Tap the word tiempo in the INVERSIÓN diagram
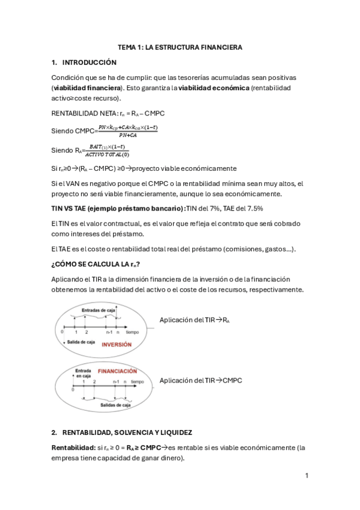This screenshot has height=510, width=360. click(132, 331)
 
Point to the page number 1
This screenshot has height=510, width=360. click(307, 476)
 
